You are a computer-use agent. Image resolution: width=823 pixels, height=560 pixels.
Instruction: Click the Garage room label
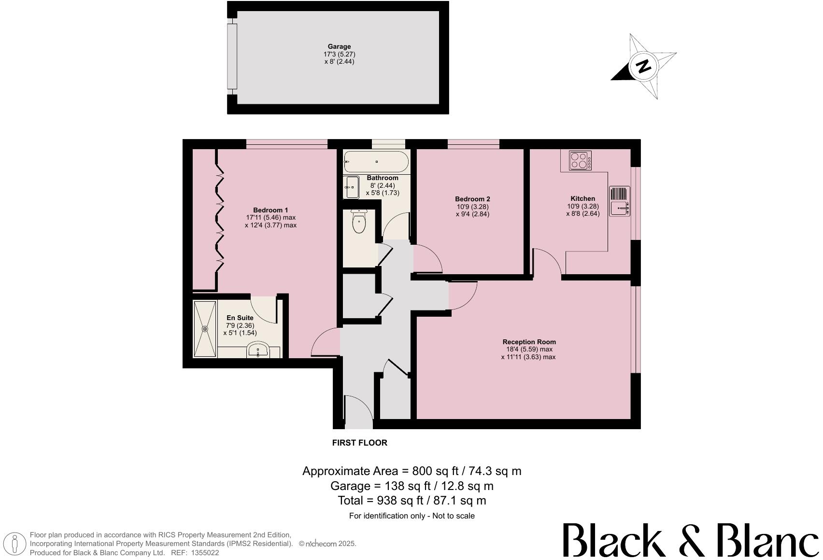pos(339,47)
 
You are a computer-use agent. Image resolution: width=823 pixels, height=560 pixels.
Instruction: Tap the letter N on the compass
pos(643,66)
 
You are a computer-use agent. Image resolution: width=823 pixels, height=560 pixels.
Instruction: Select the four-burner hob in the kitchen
pos(580,161)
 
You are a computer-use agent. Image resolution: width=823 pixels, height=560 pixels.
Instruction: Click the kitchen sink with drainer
pos(619,201)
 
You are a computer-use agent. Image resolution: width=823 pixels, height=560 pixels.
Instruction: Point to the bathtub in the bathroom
pos(376,162)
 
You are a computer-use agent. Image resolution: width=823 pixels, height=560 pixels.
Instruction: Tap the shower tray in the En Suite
pos(205,329)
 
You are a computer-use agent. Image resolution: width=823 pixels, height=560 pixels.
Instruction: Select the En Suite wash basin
pos(259,350)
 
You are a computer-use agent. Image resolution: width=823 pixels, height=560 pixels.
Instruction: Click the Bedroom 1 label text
pos(270,210)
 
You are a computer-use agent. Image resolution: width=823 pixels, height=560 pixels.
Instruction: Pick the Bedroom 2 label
pos(472,199)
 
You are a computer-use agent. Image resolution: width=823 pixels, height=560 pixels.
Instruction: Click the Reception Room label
pos(529,342)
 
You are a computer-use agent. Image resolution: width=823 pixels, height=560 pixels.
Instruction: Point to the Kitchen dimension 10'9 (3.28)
pos(582,206)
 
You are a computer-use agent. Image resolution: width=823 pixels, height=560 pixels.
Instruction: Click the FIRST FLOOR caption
pos(359,443)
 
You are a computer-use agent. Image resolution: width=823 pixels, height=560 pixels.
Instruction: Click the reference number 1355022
pos(205,553)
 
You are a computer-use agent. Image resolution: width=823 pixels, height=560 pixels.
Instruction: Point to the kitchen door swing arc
pos(547,263)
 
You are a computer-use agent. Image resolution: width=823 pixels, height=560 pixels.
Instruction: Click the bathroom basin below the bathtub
pos(351,187)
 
